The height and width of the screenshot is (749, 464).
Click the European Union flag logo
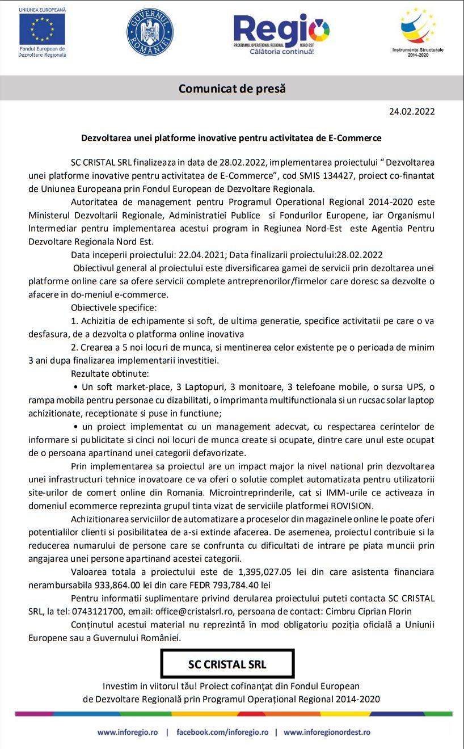point(42,30)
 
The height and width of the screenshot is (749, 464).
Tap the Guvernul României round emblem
point(150,32)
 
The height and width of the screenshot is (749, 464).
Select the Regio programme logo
point(281,32)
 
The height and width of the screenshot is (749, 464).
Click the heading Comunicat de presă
point(232,89)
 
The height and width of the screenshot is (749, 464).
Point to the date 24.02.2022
point(412,111)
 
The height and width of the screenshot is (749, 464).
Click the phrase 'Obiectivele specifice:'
point(113,308)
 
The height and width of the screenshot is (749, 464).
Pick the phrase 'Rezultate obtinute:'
point(109,373)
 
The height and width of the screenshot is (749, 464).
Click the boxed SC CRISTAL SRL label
point(227,664)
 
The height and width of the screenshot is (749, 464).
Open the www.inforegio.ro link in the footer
point(128,732)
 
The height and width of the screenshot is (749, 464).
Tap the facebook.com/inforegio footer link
point(222,732)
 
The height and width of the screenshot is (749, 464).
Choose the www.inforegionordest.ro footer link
point(327,732)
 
